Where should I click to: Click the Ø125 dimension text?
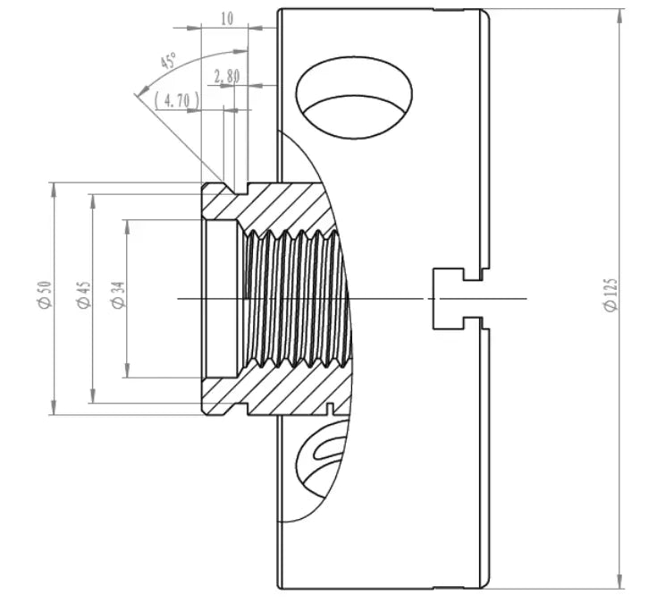pyautogui.click(x=611, y=294)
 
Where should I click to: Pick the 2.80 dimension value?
pyautogui.click(x=227, y=76)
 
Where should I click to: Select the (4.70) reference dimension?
pyautogui.click(x=177, y=100)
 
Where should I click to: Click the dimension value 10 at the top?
pyautogui.click(x=227, y=18)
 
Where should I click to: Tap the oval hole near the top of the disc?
pyautogui.click(x=355, y=100)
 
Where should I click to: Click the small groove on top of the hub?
pyautogui.click(x=240, y=189)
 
